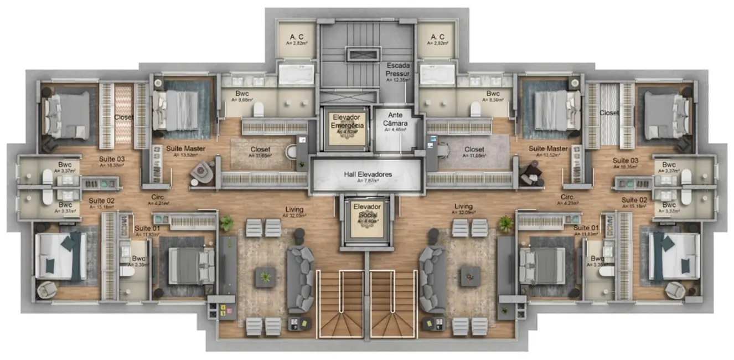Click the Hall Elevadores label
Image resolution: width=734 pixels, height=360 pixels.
point(368,174)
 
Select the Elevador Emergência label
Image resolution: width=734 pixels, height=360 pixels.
point(348,121)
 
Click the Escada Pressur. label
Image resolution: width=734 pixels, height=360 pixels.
point(398,69)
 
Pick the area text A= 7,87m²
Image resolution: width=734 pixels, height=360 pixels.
point(368,181)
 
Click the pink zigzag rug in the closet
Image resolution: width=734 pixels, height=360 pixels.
point(123,114)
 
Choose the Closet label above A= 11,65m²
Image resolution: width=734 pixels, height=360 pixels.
point(260,150)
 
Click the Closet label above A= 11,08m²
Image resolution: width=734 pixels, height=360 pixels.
point(474,150)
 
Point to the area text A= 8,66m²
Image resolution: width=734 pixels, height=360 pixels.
point(242,101)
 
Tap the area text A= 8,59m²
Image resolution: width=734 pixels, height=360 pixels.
point(493,101)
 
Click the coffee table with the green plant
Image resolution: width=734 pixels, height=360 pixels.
point(265,276)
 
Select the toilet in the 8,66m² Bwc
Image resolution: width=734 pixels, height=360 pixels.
point(259,109)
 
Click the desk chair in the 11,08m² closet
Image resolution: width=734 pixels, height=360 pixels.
point(443,148)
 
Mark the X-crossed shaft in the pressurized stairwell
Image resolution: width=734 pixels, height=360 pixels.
point(364,54)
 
